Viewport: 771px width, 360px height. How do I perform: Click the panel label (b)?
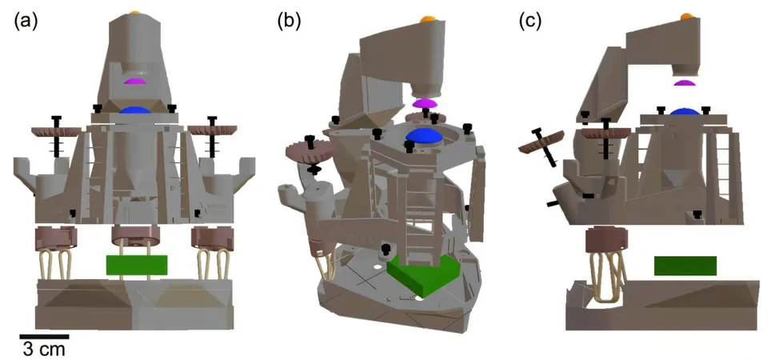click(290, 22)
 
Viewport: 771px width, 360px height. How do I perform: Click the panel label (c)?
click(530, 22)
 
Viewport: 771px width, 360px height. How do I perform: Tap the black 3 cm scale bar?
click(44, 337)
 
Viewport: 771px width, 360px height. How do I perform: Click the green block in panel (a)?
click(137, 265)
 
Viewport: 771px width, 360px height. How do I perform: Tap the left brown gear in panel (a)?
click(55, 132)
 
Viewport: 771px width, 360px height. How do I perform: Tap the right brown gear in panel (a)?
click(213, 130)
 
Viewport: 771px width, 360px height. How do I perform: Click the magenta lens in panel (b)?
click(425, 103)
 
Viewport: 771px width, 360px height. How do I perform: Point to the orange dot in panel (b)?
click(427, 18)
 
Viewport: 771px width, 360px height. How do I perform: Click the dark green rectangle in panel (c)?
click(685, 266)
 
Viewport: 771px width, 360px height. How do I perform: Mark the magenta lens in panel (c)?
click(685, 82)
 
